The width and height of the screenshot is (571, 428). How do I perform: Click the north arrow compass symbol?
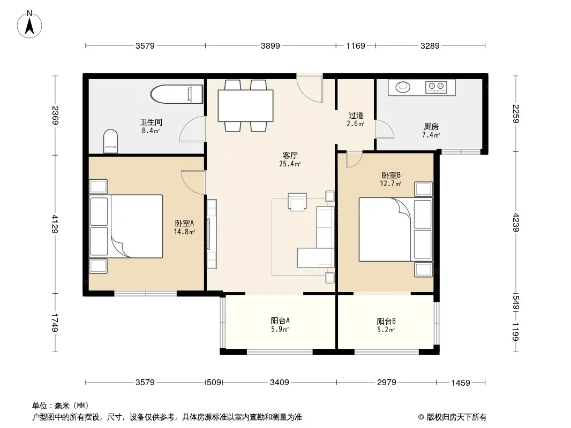tap(29, 24)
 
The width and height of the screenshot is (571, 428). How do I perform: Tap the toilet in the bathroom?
tap(111, 141)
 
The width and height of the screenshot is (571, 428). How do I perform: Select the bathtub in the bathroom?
tap(177, 94)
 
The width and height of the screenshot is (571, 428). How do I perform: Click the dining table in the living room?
tap(245, 105)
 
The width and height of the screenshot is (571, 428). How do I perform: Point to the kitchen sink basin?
tap(403, 87)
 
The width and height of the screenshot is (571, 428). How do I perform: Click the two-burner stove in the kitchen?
tap(436, 86)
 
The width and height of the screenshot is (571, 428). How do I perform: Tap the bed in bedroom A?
tap(126, 226)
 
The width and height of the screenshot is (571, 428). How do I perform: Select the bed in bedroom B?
tap(396, 230)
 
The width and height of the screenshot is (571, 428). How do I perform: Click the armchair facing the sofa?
tap(297, 202)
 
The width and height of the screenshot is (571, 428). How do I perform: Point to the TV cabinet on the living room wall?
tap(212, 234)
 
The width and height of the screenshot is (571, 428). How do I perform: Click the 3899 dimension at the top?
tap(270, 46)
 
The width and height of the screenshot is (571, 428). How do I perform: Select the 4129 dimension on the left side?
tap(55, 224)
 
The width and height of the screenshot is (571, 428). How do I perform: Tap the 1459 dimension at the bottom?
tap(461, 383)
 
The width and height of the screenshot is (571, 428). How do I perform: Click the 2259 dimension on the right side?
tap(516, 114)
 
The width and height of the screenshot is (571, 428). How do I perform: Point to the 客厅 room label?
tap(290, 156)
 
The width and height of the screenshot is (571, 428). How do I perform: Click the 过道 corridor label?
tap(356, 116)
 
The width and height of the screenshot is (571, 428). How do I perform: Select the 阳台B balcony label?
tap(386, 322)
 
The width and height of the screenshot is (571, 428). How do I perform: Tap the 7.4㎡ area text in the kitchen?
tap(431, 135)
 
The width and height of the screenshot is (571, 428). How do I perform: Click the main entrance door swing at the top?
tap(309, 88)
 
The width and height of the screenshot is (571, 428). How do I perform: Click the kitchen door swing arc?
tap(385, 129)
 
